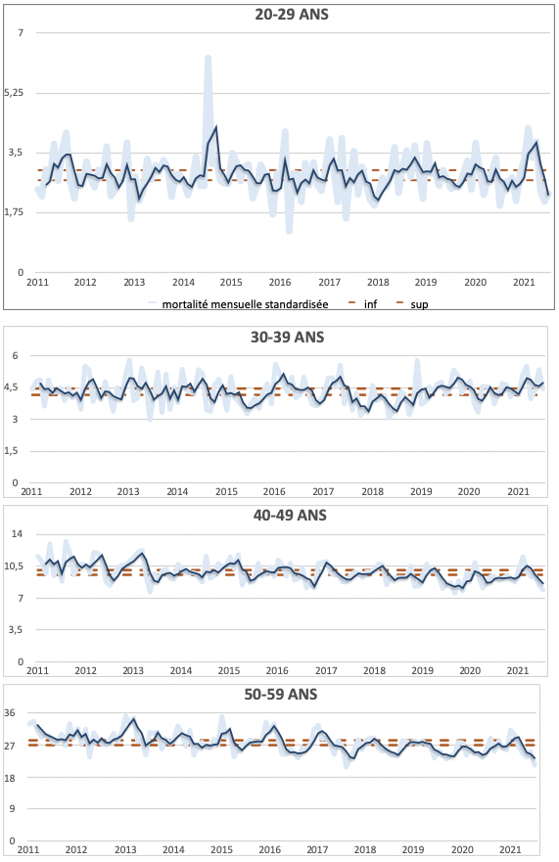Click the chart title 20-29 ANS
pyautogui.click(x=292, y=15)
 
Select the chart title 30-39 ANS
pyautogui.click(x=287, y=337)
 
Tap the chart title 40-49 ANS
pyautogui.click(x=290, y=515)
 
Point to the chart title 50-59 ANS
pyautogui.click(x=281, y=695)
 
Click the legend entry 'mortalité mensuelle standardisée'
pyautogui.click(x=245, y=304)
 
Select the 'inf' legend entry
pyautogui.click(x=370, y=304)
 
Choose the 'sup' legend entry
pyautogui.click(x=419, y=304)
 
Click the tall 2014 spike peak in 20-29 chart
pyautogui.click(x=208, y=57)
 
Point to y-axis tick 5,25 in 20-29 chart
pyautogui.click(x=14, y=92)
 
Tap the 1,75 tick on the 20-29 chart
pyautogui.click(x=14, y=212)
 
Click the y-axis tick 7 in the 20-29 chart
pyautogui.click(x=21, y=33)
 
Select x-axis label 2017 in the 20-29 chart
pyautogui.click(x=329, y=282)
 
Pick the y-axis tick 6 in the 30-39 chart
pyautogui.click(x=15, y=356)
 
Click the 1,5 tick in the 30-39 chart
pyautogui.click(x=12, y=451)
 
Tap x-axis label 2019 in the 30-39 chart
pyautogui.click(x=421, y=491)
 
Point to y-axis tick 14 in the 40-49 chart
pyautogui.click(x=17, y=534)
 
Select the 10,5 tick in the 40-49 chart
pyautogui.click(x=13, y=566)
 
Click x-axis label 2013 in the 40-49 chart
pyautogui.click(x=133, y=670)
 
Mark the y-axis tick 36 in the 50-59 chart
pyautogui.click(x=10, y=713)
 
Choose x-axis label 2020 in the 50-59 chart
pyautogui.click(x=462, y=850)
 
